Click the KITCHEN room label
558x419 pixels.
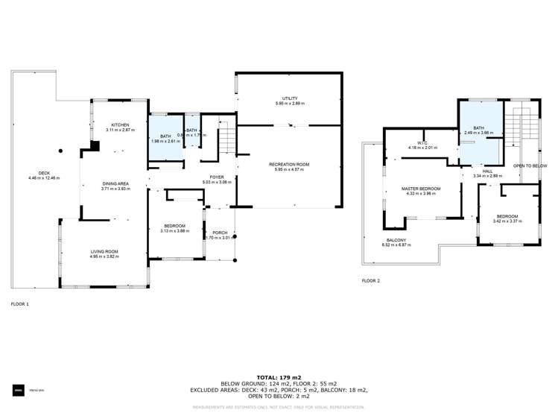click(x=121, y=125)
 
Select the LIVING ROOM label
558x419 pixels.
click(x=104, y=252)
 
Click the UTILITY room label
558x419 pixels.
click(x=290, y=98)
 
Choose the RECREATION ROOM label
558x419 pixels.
click(x=289, y=164)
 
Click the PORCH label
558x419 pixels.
click(x=220, y=233)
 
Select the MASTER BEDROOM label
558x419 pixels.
click(x=421, y=189)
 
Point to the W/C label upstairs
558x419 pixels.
click(x=422, y=142)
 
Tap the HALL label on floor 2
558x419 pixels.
click(x=488, y=171)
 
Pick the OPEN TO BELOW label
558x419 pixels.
click(x=530, y=166)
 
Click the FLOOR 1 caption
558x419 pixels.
click(x=20, y=304)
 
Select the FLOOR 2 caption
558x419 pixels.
click(x=370, y=280)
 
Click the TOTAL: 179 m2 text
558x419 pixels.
click(x=279, y=378)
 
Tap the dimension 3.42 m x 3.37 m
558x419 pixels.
click(x=507, y=221)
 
